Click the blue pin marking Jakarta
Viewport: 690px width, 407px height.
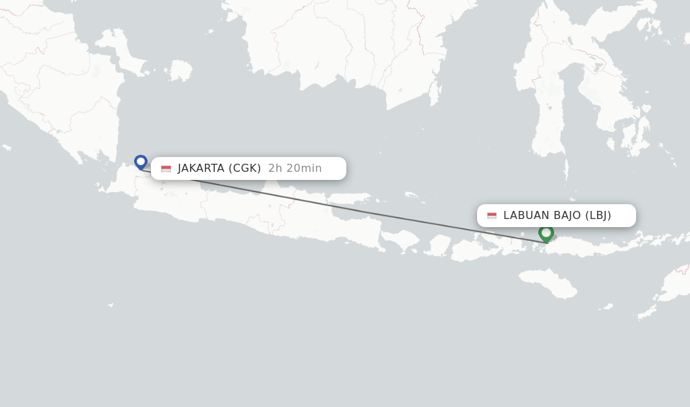pyautogui.click(x=140, y=162)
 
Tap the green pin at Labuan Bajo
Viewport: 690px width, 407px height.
pyautogui.click(x=546, y=232)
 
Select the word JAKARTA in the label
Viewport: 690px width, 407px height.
pyautogui.click(x=201, y=168)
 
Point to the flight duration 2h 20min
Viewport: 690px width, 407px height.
pyautogui.click(x=295, y=168)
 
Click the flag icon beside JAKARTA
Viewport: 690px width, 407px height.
pyautogui.click(x=166, y=168)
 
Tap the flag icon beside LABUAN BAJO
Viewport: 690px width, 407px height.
pyautogui.click(x=492, y=216)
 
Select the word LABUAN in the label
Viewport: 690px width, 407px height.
pyautogui.click(x=526, y=216)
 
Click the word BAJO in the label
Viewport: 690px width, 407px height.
pyautogui.click(x=567, y=216)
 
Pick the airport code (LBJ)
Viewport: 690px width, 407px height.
pyautogui.click(x=598, y=216)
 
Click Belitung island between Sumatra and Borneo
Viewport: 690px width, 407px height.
pyautogui.click(x=180, y=70)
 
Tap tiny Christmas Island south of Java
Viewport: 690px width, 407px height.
pyautogui.click(x=110, y=305)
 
